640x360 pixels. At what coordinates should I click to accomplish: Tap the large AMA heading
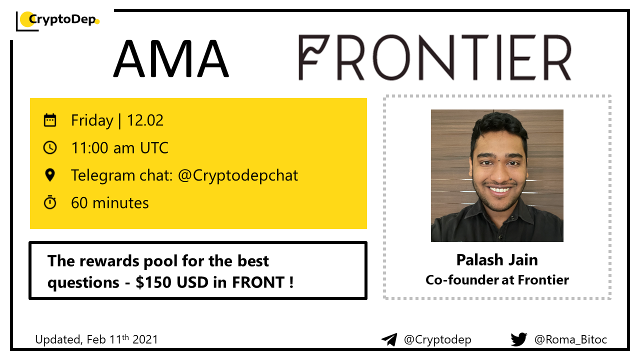tap(171, 58)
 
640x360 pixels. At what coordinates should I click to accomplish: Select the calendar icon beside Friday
tap(50, 120)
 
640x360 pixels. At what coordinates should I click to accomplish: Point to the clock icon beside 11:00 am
tap(50, 147)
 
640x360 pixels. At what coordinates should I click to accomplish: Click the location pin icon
tap(50, 175)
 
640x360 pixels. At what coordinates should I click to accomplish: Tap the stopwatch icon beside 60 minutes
tap(50, 202)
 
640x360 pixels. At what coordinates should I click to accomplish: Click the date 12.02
tap(145, 120)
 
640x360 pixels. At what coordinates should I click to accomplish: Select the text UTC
tap(154, 148)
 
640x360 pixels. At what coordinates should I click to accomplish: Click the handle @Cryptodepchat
tap(238, 175)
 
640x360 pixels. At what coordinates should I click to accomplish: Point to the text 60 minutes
tap(110, 203)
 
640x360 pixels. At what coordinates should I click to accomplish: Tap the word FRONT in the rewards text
tap(258, 282)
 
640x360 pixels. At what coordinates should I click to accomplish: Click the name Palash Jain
tap(497, 260)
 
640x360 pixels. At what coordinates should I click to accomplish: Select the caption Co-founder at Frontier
tap(497, 280)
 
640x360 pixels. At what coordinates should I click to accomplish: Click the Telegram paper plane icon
tap(389, 339)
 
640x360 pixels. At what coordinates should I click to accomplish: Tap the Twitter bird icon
tap(519, 339)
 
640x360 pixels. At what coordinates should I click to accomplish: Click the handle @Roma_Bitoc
tap(570, 339)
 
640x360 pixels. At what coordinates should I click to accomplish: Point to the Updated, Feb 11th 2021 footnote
tap(96, 339)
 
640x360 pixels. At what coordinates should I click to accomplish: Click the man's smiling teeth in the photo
tap(499, 189)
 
